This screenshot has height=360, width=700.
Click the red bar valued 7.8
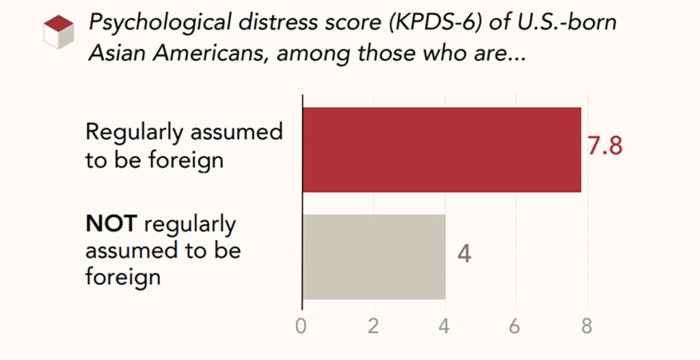tap(442, 150)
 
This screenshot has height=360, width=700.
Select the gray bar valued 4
tap(374, 256)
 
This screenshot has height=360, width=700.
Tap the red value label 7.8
tap(605, 146)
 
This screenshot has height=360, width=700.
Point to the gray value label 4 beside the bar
tap(464, 254)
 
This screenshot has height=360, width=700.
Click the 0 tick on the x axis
tap(301, 326)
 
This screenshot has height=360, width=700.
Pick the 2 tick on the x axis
tap(373, 326)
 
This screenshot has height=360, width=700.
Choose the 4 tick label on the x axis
tap(444, 326)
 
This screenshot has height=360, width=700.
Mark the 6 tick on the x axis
tap(515, 326)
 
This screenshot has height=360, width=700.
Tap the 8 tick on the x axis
tap(586, 326)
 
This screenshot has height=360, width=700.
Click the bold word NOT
tap(111, 223)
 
